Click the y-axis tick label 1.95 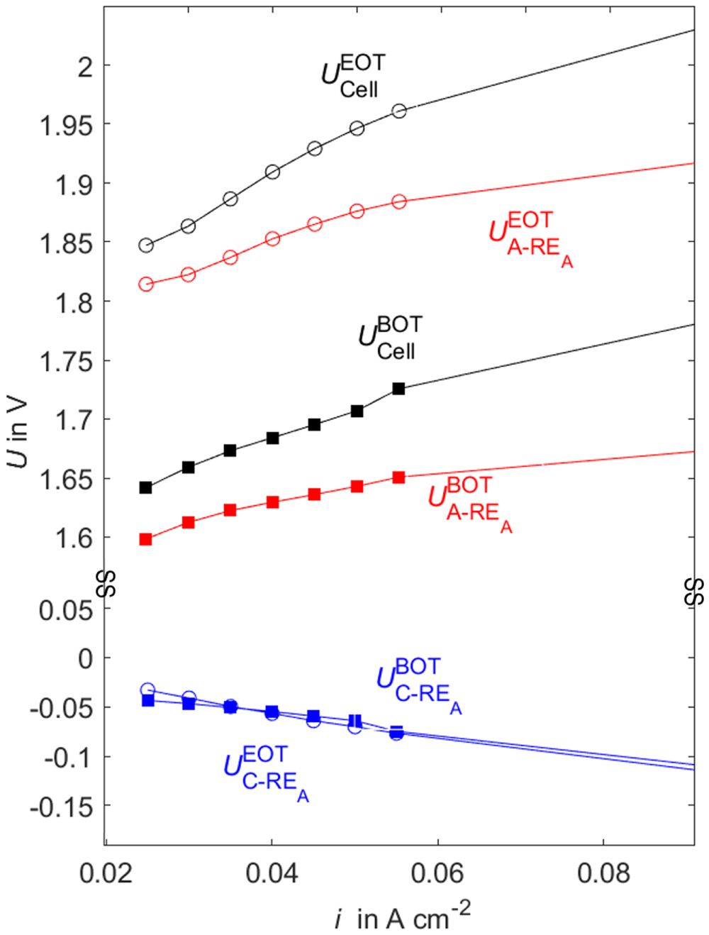[x=66, y=126]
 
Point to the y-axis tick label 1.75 [x=66, y=362]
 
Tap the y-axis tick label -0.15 [x=61, y=807]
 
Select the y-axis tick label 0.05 [x=66, y=609]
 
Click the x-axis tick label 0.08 [x=603, y=874]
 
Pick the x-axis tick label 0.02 [x=106, y=874]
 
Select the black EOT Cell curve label [x=353, y=75]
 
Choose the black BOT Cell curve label [x=390, y=337]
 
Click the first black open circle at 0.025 [x=146, y=245]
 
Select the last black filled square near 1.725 [x=398, y=389]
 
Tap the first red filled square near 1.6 [x=146, y=539]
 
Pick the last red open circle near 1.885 [x=399, y=202]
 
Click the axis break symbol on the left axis [x=106, y=583]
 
